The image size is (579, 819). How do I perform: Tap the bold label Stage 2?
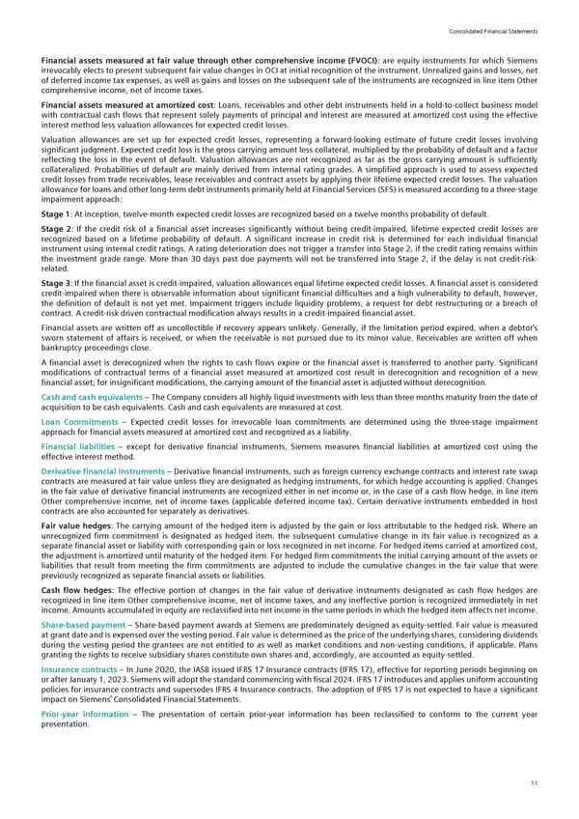tap(55, 232)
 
